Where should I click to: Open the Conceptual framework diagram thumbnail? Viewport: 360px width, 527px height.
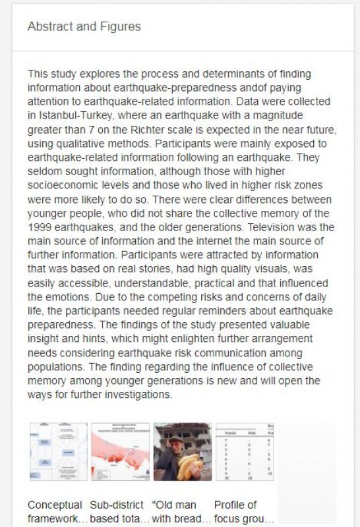pyautogui.click(x=58, y=452)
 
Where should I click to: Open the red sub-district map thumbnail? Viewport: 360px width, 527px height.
pyautogui.click(x=120, y=452)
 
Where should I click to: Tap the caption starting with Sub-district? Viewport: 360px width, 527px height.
pyautogui.click(x=119, y=512)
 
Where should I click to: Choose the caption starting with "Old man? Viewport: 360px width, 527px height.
pyautogui.click(x=181, y=512)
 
